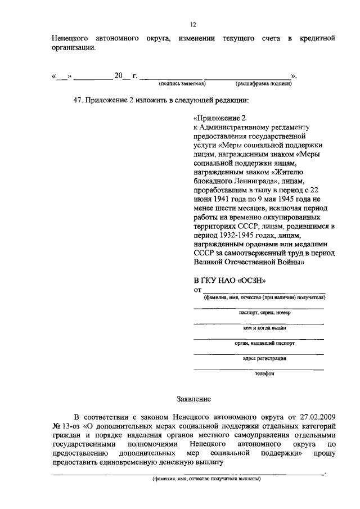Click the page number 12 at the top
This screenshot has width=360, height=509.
coord(193,25)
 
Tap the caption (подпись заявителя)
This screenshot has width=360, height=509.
coord(182,83)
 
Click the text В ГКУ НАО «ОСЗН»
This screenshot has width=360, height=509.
coord(229,280)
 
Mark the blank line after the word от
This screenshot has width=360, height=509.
coord(264,291)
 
